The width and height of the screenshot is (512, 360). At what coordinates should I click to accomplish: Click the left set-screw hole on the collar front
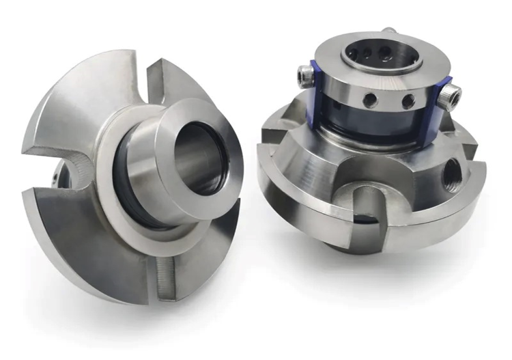point(370,100)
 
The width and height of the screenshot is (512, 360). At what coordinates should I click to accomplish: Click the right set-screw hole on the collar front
point(408,102)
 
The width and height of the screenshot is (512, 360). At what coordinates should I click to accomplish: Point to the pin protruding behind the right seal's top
point(390,31)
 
